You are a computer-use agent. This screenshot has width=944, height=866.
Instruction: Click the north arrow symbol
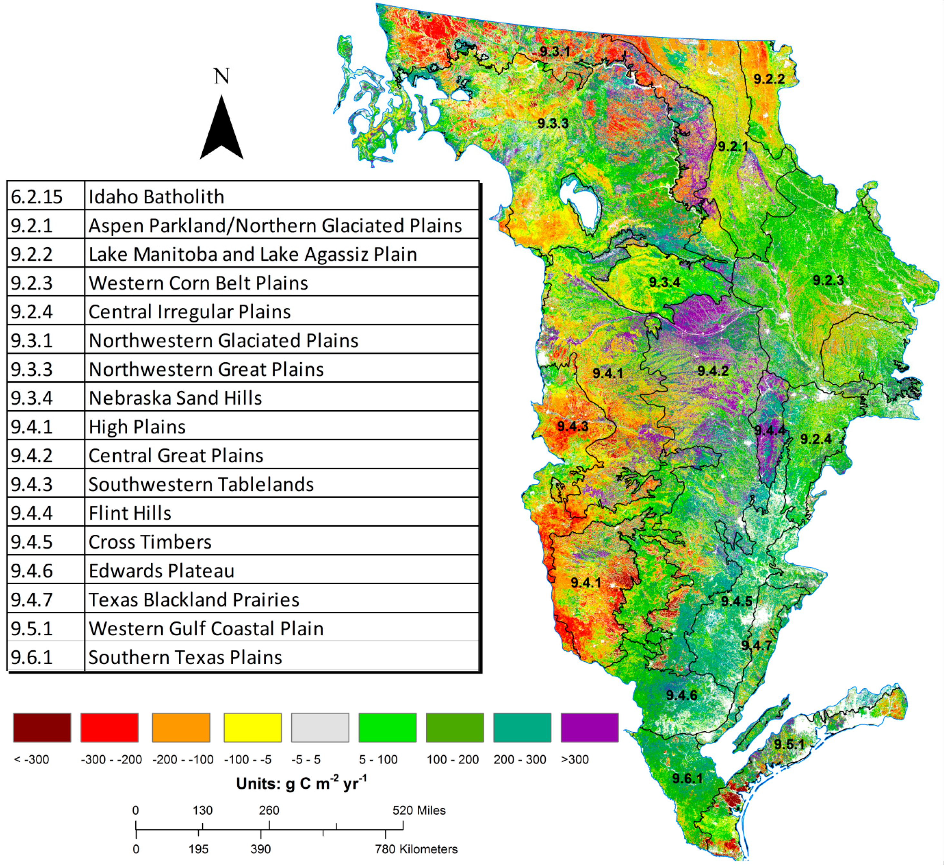(222, 131)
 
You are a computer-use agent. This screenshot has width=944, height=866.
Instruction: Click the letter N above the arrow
(222, 76)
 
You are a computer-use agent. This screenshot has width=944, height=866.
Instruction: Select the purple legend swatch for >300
(589, 728)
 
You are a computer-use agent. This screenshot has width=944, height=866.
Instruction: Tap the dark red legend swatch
(42, 728)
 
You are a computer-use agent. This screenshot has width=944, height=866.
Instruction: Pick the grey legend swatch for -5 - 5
(320, 728)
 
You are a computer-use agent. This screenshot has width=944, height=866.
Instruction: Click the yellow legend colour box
(253, 728)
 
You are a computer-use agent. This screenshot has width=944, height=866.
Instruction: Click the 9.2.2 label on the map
(769, 79)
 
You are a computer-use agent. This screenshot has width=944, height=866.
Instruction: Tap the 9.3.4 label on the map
(664, 282)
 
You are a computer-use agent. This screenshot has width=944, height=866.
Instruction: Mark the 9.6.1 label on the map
(687, 778)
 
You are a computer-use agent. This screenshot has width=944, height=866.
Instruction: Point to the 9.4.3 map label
(573, 426)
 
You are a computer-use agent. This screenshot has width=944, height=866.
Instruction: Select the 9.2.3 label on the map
(828, 280)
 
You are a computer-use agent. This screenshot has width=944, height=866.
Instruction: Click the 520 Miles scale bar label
(419, 810)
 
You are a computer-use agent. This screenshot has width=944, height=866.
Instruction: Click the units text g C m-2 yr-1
(301, 783)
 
